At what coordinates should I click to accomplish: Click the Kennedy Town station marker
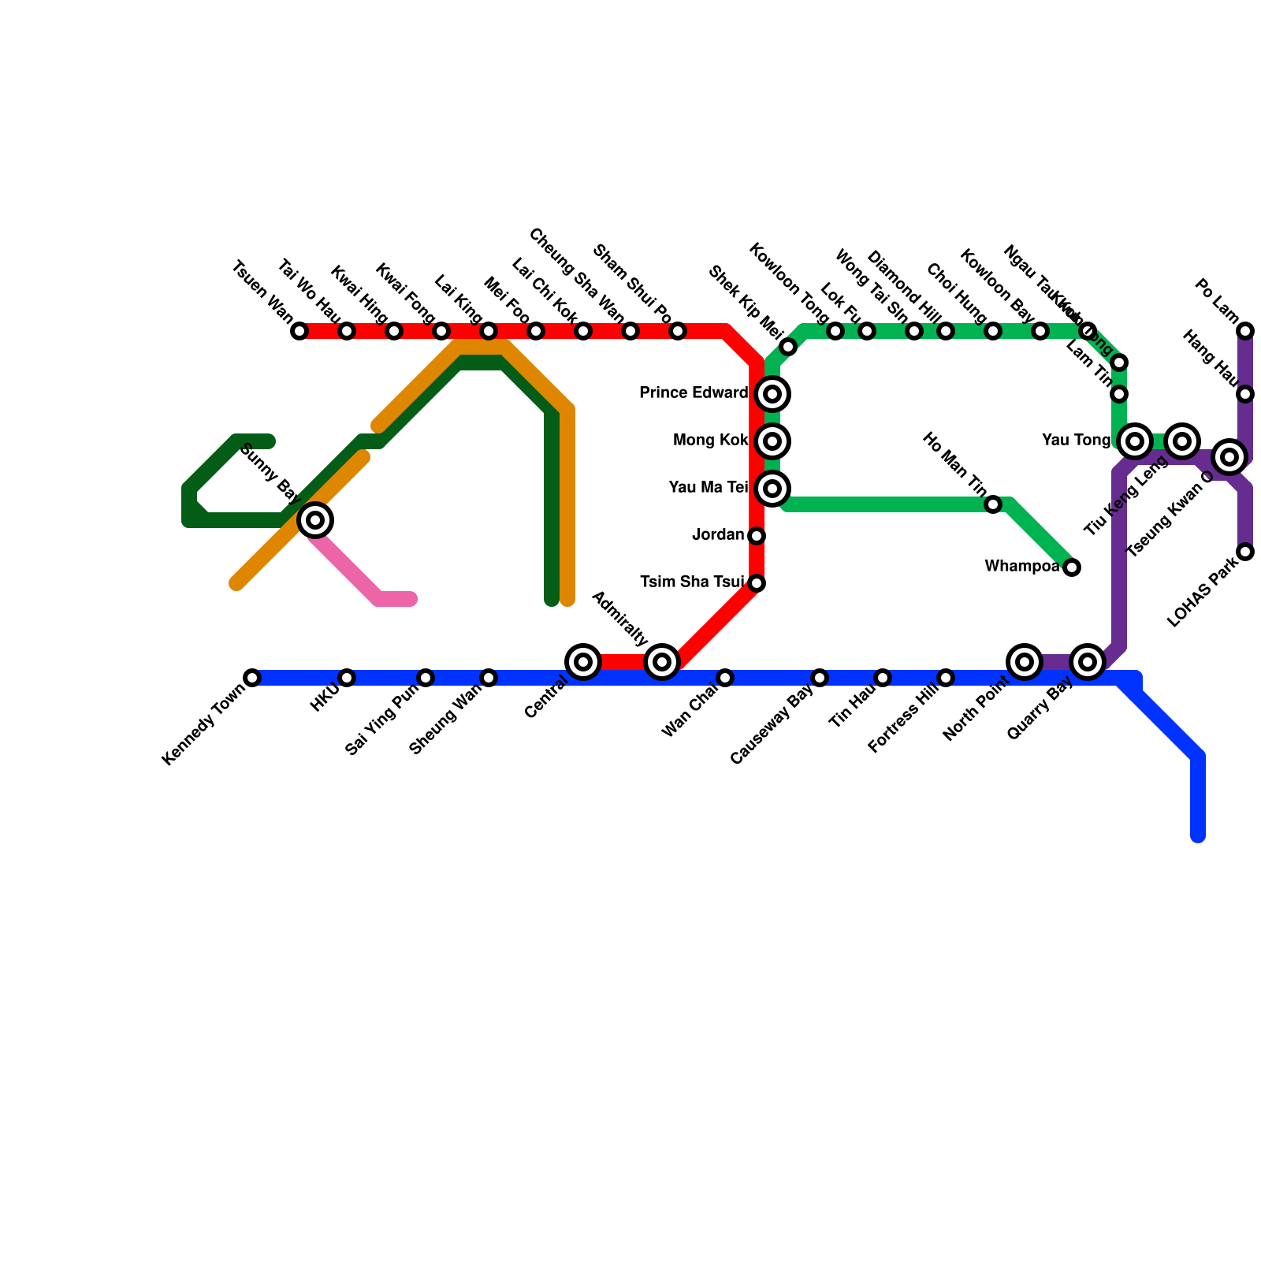coord(252,678)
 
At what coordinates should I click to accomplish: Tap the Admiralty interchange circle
coord(662,662)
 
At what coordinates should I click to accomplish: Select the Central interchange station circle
coord(583,662)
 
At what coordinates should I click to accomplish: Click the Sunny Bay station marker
coord(315,520)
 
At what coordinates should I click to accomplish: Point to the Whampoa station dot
coord(1072,567)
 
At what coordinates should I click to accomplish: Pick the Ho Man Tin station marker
coord(993,504)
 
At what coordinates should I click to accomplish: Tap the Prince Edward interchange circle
coord(772,394)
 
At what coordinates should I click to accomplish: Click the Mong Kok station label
coord(710,441)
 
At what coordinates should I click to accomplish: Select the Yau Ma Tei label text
coord(708,488)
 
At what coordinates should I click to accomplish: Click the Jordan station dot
coord(757,536)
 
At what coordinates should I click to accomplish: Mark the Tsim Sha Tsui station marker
coord(757,583)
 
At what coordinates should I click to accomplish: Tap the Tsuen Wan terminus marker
coord(299,331)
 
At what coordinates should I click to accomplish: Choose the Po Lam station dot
coord(1245,331)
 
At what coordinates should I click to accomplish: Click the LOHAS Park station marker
coord(1245,552)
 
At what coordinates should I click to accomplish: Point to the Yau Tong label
coord(1076,441)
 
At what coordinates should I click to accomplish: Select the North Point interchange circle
coord(1025,662)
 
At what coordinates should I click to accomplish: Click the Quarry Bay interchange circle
coord(1088,662)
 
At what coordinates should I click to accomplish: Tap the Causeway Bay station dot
coord(820,678)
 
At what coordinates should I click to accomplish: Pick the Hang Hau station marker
coord(1245,394)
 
